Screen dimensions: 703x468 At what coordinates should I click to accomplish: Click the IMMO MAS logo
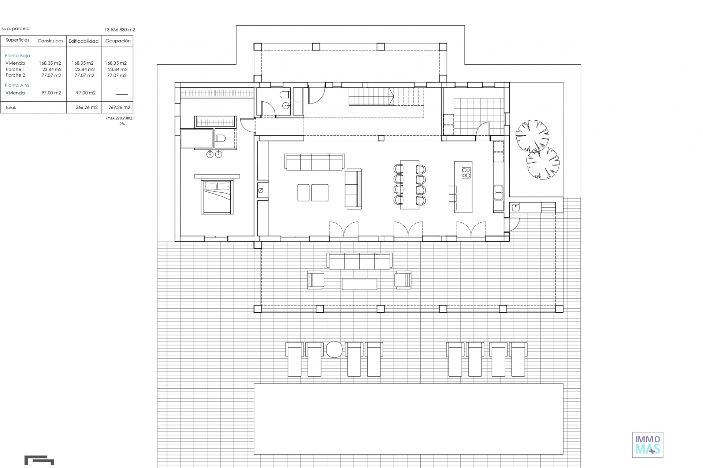point(648,445)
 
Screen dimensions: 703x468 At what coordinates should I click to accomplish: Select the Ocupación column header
point(118,41)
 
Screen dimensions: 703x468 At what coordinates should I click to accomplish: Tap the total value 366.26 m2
point(87,107)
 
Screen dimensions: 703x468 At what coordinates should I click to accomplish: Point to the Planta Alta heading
point(17,85)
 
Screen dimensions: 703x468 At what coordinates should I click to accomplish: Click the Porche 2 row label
point(15,75)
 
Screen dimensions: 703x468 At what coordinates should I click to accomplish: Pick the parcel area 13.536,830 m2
point(120,30)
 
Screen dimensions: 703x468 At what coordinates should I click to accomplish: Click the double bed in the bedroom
point(217,197)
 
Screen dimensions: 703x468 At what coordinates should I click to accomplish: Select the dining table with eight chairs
point(410,185)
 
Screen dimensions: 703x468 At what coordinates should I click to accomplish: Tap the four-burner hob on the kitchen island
point(466,173)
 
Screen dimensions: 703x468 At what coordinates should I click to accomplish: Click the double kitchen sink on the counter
point(498,192)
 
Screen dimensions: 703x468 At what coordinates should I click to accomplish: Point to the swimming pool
point(409,419)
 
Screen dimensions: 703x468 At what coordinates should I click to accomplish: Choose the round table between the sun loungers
point(334,350)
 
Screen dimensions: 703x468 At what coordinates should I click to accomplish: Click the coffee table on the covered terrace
point(359,284)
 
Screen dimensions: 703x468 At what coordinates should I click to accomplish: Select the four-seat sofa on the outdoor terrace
point(360,261)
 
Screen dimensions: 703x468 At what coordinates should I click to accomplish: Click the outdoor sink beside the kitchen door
point(516,207)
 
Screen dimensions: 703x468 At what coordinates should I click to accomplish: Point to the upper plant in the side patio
point(532,136)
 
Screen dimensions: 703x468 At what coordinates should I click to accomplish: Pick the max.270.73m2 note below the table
point(120,118)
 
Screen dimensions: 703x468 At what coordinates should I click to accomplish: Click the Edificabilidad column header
point(83,41)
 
